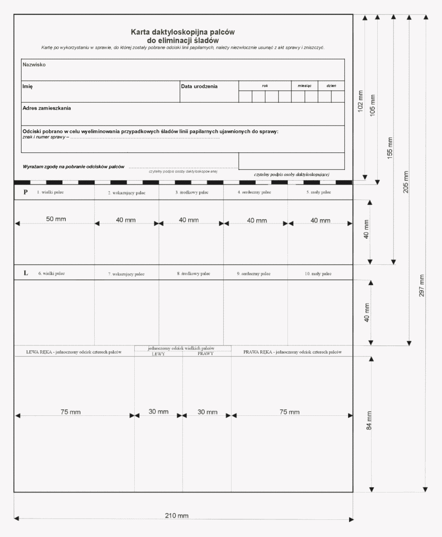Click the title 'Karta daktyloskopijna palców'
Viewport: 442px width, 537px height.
click(x=183, y=32)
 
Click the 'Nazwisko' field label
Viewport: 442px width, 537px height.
click(x=34, y=65)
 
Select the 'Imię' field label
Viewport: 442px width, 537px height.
click(x=28, y=86)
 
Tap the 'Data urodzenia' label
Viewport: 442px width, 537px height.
click(x=199, y=86)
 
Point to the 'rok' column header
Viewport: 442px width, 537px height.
click(x=265, y=86)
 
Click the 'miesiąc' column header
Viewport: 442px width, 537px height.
click(x=304, y=86)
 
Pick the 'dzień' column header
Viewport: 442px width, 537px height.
click(x=331, y=86)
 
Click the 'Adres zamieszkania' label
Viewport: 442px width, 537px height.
click(x=47, y=108)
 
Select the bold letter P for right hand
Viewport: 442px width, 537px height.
click(x=26, y=192)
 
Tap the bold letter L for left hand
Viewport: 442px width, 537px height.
click(x=26, y=273)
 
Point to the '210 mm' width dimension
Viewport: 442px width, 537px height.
click(x=177, y=515)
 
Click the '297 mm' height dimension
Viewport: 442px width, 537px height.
click(x=421, y=285)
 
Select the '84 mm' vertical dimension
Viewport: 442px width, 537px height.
click(x=369, y=420)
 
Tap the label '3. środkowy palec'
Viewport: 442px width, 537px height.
click(x=192, y=193)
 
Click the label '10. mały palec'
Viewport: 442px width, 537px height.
click(x=318, y=274)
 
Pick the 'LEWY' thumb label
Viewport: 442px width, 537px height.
click(x=158, y=354)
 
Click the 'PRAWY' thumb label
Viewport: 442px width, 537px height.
click(x=205, y=354)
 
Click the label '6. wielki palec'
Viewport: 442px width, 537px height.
click(x=52, y=274)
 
